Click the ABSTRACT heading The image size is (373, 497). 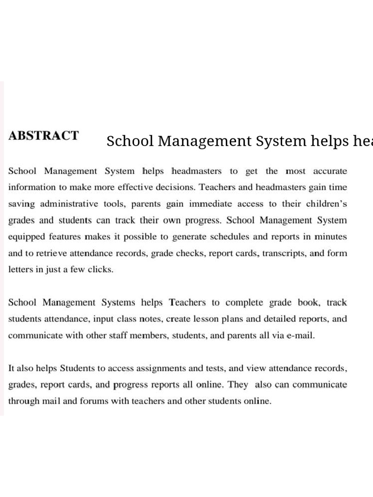(43, 135)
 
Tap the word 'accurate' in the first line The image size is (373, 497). (330, 171)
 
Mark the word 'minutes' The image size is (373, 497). (330, 237)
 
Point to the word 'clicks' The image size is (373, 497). (100, 270)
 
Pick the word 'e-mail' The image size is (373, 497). (301, 335)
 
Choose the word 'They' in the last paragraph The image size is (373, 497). (238, 385)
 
